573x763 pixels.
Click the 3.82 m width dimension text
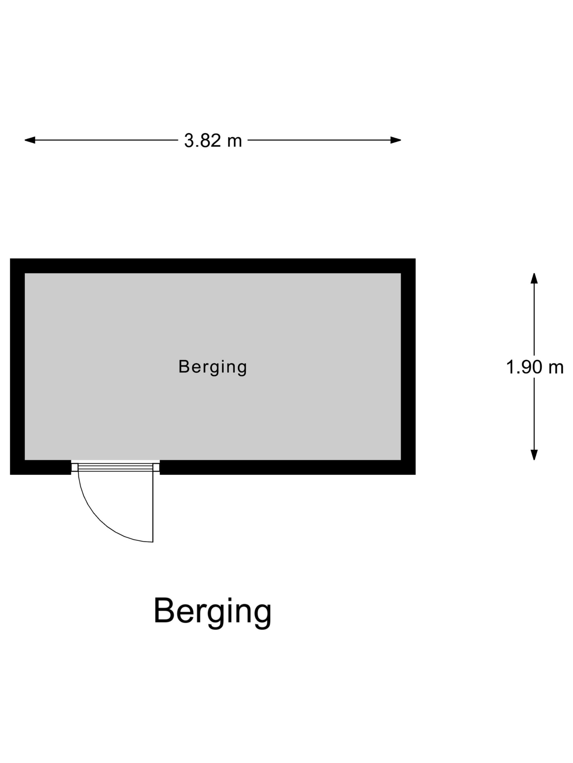point(213,140)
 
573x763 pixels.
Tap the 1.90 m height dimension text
point(534,367)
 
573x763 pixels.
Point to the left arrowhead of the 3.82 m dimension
point(30,140)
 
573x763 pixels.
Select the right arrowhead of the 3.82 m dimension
point(396,140)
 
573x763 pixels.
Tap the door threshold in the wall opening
point(115,467)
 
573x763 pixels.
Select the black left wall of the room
point(17,366)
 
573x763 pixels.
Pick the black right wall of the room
point(408,366)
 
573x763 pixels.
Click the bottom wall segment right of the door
point(288,467)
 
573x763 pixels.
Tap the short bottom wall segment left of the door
point(40,467)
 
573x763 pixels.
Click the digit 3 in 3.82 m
point(189,140)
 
